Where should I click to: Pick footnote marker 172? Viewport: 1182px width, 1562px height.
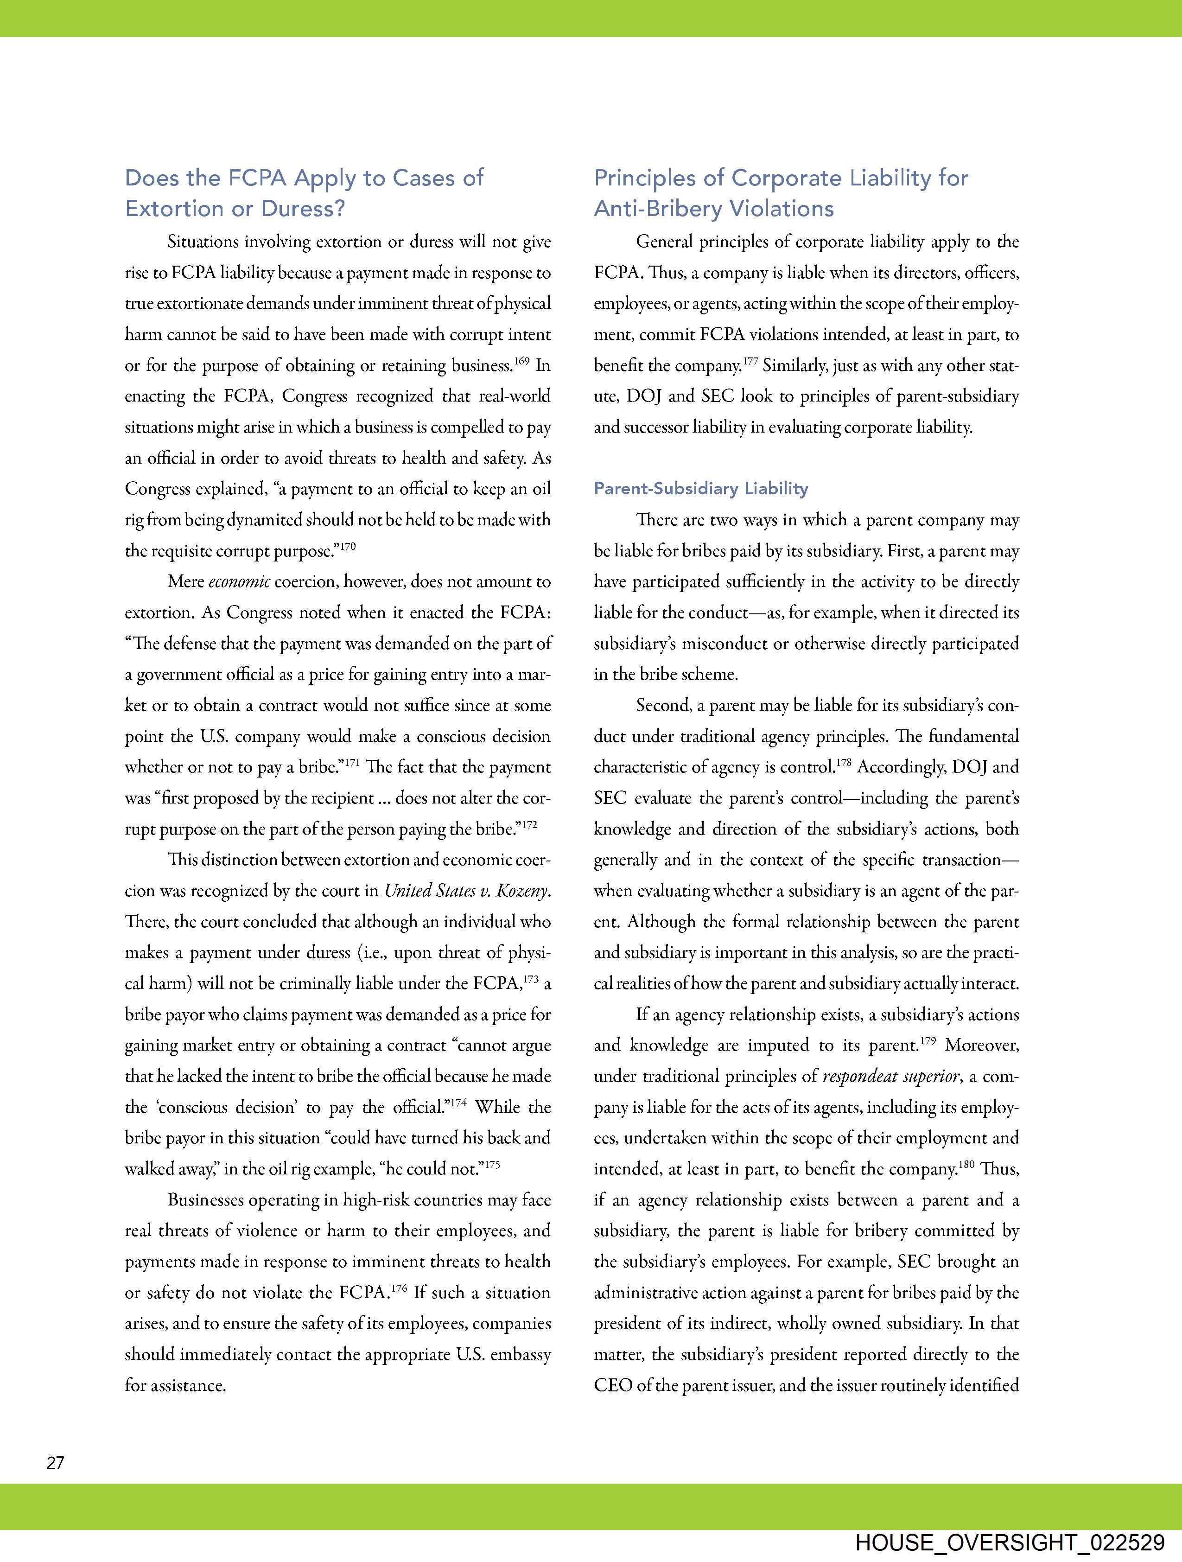pos(529,824)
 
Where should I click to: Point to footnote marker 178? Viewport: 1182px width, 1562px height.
pos(844,763)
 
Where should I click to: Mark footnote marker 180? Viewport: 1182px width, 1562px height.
pos(966,1165)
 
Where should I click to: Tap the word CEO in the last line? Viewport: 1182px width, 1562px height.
pos(613,1385)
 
